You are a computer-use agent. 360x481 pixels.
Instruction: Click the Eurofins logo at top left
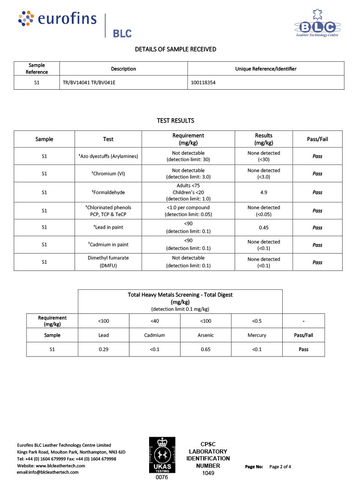click(x=58, y=19)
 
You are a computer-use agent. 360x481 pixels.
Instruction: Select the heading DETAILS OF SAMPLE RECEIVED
click(x=176, y=49)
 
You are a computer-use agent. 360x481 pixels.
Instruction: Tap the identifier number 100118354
click(x=203, y=83)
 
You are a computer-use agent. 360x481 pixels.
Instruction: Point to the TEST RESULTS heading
click(x=176, y=121)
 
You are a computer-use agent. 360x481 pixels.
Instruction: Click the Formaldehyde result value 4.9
click(x=263, y=193)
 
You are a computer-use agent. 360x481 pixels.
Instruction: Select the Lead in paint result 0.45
click(x=263, y=228)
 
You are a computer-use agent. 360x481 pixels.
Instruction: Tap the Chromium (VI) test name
click(x=109, y=173)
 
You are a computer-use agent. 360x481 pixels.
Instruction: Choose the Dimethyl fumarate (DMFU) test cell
click(x=108, y=262)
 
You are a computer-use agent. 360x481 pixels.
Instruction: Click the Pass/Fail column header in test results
click(x=317, y=139)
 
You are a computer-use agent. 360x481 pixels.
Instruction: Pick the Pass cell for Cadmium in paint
click(x=317, y=245)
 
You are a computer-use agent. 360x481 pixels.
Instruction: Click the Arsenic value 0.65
click(x=206, y=349)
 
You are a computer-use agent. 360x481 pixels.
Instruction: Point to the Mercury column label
click(x=257, y=335)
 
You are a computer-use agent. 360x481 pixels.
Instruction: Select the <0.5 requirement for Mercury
click(x=257, y=321)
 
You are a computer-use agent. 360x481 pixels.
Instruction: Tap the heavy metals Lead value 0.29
click(x=103, y=349)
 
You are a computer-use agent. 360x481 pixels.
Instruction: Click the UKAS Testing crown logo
click(x=162, y=455)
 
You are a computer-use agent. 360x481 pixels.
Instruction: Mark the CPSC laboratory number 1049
click(x=208, y=473)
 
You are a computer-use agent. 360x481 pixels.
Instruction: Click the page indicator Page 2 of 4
click(x=280, y=467)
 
